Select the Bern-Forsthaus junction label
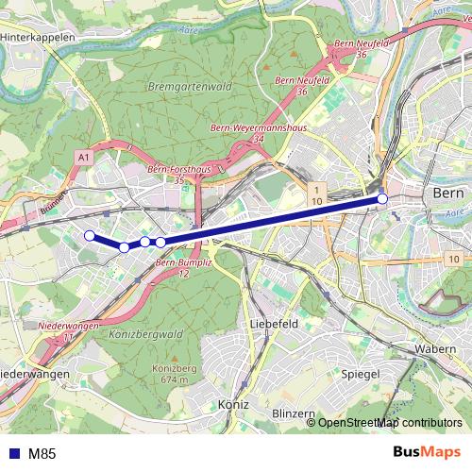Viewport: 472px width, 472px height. coord(178,169)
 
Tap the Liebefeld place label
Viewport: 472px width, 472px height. coord(275,323)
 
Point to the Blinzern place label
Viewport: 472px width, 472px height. coord(292,413)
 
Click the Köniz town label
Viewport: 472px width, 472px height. coord(231,403)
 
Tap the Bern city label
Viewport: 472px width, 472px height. coord(443,193)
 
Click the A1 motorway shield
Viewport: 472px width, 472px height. coord(84,155)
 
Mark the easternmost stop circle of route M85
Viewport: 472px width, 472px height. coord(382,199)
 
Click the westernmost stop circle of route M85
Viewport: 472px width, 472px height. coord(89,236)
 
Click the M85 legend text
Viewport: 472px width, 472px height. coord(42,453)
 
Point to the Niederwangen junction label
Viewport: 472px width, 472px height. coord(69,326)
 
